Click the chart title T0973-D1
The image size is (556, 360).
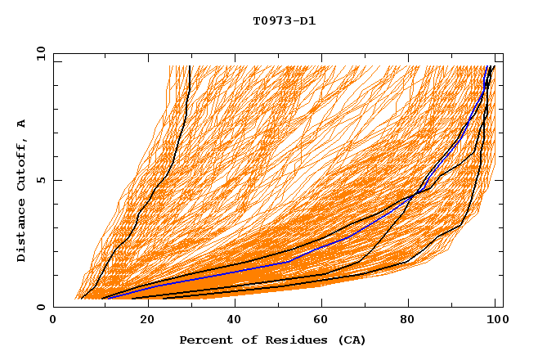pyautogui.click(x=284, y=20)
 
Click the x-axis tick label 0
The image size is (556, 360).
pyautogui.click(x=53, y=322)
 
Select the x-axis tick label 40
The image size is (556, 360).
pyautogui.click(x=235, y=322)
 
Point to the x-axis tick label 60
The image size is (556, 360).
pyautogui.click(x=323, y=322)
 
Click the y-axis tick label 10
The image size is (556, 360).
pyautogui.click(x=40, y=53)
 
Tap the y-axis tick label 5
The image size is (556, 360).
pyautogui.click(x=40, y=180)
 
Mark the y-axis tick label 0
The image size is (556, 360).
pyautogui.click(x=40, y=307)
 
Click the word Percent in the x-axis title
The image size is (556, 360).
pyautogui.click(x=202, y=340)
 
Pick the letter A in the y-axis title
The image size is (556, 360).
pyautogui.click(x=22, y=124)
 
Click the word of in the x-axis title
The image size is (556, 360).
pyautogui.click(x=241, y=340)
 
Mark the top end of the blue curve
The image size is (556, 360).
pyautogui.click(x=490, y=67)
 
